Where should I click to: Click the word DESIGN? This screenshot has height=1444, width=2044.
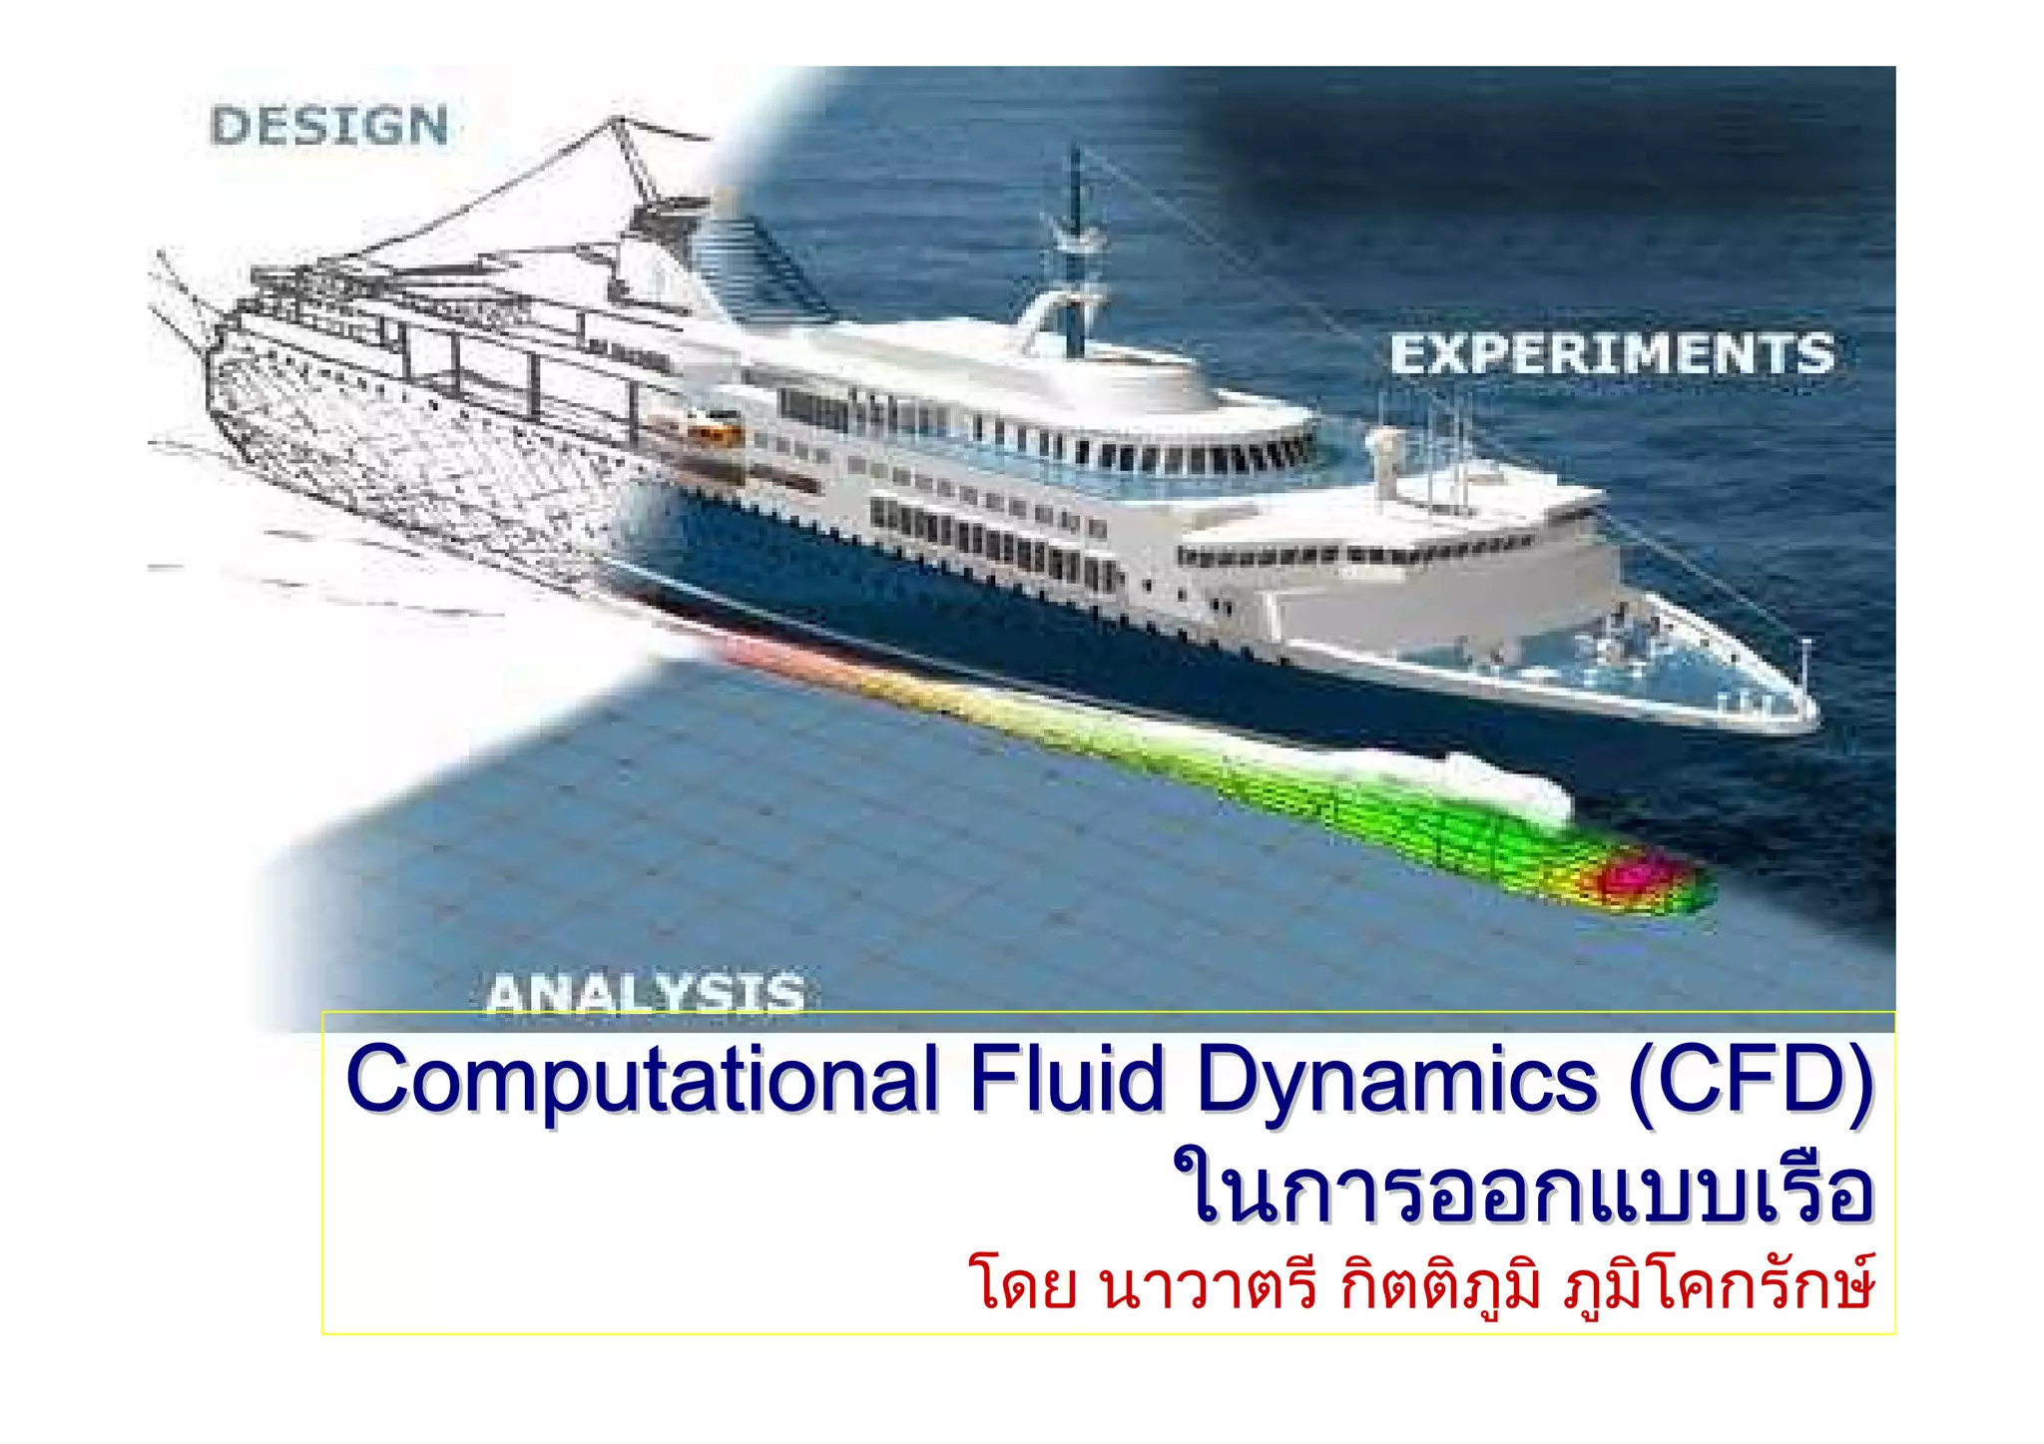329,127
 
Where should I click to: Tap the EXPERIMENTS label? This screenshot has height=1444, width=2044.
1612,355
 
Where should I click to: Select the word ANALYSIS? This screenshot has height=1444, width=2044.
646,994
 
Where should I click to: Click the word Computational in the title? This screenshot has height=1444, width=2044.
642,1082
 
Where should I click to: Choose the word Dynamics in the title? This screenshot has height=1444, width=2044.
1397,1082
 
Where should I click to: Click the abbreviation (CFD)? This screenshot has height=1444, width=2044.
1751,1080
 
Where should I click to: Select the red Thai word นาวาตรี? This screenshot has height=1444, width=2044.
1209,1286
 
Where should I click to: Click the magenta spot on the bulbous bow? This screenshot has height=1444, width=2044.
1633,875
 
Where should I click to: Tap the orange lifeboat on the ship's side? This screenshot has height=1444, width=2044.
715,432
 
